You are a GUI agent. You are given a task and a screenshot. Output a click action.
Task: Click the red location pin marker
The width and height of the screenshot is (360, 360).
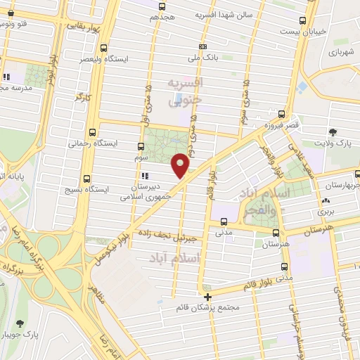[181, 165]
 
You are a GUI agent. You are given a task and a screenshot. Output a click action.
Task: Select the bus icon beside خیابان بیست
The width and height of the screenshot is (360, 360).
[302, 20]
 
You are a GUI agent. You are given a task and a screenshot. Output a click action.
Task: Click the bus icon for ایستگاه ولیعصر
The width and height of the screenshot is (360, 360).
[104, 49]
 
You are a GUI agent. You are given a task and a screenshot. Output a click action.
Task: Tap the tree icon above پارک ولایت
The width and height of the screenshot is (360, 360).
[333, 131]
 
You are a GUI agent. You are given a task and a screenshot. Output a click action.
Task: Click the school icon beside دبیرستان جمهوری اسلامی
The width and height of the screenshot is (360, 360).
[145, 176]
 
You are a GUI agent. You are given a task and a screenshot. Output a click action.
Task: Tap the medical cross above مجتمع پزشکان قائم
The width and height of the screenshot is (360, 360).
[207, 297]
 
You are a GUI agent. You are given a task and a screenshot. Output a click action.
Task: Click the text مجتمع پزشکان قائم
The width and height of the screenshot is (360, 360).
[210, 308]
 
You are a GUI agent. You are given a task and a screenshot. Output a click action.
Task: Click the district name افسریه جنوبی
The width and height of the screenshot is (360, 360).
[184, 91]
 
